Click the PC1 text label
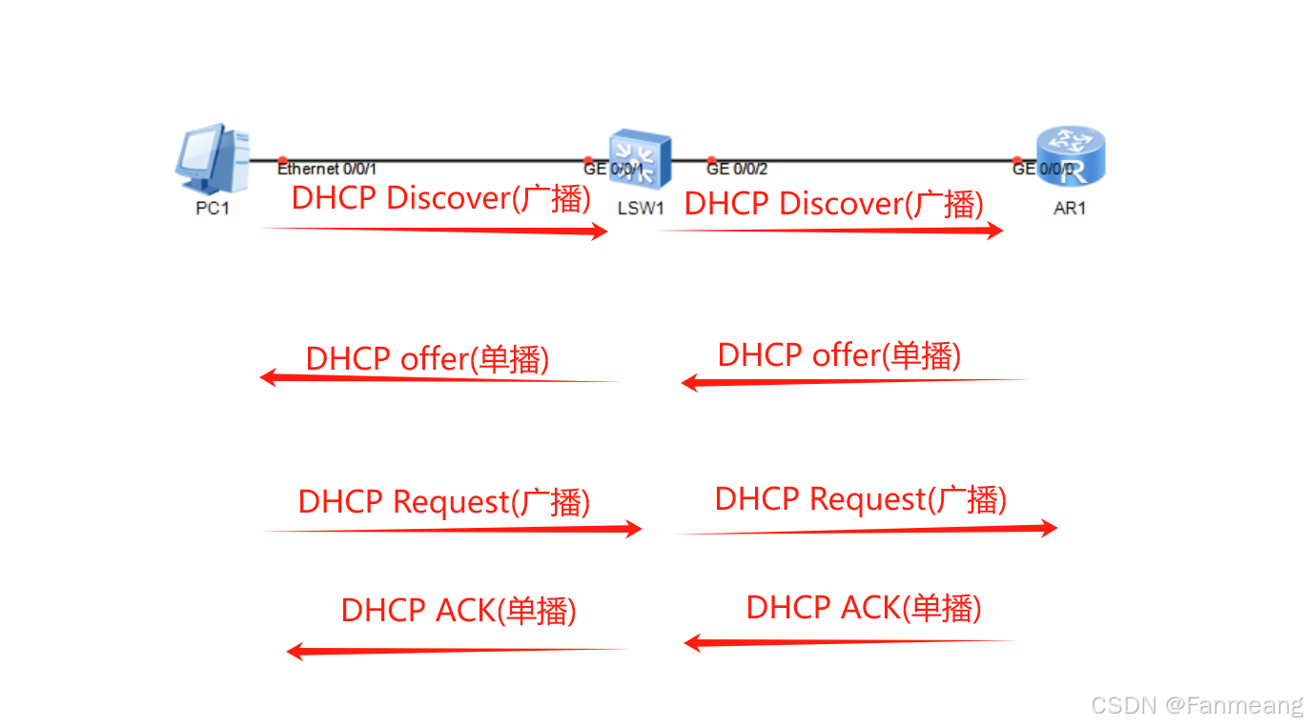pyautogui.click(x=212, y=209)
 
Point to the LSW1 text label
pyautogui.click(x=641, y=209)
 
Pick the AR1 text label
pyautogui.click(x=1070, y=209)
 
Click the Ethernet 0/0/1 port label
pyautogui.click(x=327, y=170)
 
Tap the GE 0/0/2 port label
pyautogui.click(x=737, y=170)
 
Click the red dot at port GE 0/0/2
pyautogui.click(x=711, y=161)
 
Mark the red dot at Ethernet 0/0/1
pyautogui.click(x=282, y=161)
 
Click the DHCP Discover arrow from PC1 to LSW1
pyautogui.click(x=434, y=230)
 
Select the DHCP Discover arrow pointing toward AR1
pyautogui.click(x=829, y=231)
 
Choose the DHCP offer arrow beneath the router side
pyautogui.click(x=854, y=382)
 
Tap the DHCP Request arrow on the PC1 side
pyautogui.click(x=453, y=529)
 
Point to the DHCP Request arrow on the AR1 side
pyautogui.click(x=866, y=530)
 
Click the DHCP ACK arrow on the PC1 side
pyautogui.click(x=458, y=651)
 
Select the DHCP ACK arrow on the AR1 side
pyautogui.click(x=848, y=642)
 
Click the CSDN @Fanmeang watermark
pyautogui.click(x=1196, y=705)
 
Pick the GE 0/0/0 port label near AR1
pyautogui.click(x=1043, y=170)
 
